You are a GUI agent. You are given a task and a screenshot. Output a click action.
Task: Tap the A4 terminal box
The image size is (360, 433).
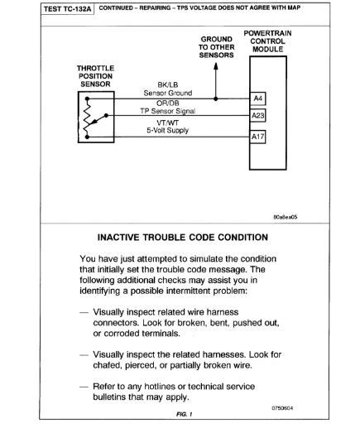[257, 99]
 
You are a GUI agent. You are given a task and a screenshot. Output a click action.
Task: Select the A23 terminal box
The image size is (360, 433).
[257, 116]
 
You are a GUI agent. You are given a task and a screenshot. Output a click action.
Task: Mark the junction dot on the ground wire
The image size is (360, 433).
[217, 99]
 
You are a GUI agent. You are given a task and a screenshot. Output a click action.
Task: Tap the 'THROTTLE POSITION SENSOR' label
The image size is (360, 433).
[94, 75]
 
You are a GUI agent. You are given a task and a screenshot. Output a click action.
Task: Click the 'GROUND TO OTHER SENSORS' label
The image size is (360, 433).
[217, 47]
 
